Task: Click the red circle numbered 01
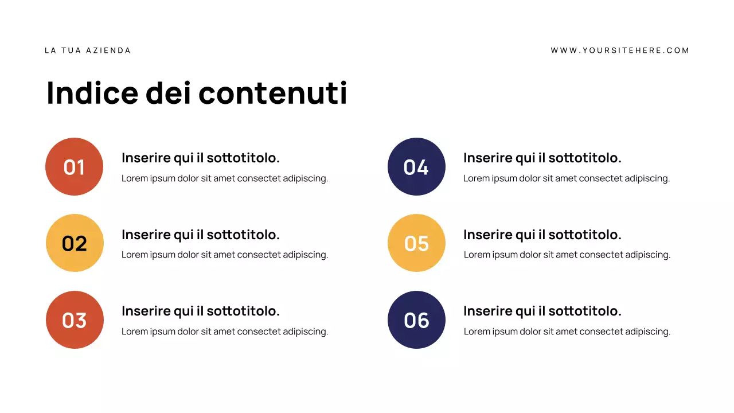point(74,167)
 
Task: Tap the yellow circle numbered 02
point(75,243)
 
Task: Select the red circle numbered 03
point(75,320)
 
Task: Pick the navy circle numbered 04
point(416,167)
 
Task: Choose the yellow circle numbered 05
point(416,243)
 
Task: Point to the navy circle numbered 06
point(416,320)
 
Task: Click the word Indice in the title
point(92,93)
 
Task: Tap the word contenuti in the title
point(272,93)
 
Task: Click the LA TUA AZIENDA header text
point(88,50)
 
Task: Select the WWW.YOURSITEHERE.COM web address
point(620,50)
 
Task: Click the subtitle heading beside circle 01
point(201,158)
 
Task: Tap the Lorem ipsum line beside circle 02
point(225,255)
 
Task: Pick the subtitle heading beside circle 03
point(201,311)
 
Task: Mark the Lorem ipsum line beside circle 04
point(567,178)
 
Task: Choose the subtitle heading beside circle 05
point(542,235)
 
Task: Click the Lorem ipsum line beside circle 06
point(567,332)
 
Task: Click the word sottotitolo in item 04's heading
point(585,158)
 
